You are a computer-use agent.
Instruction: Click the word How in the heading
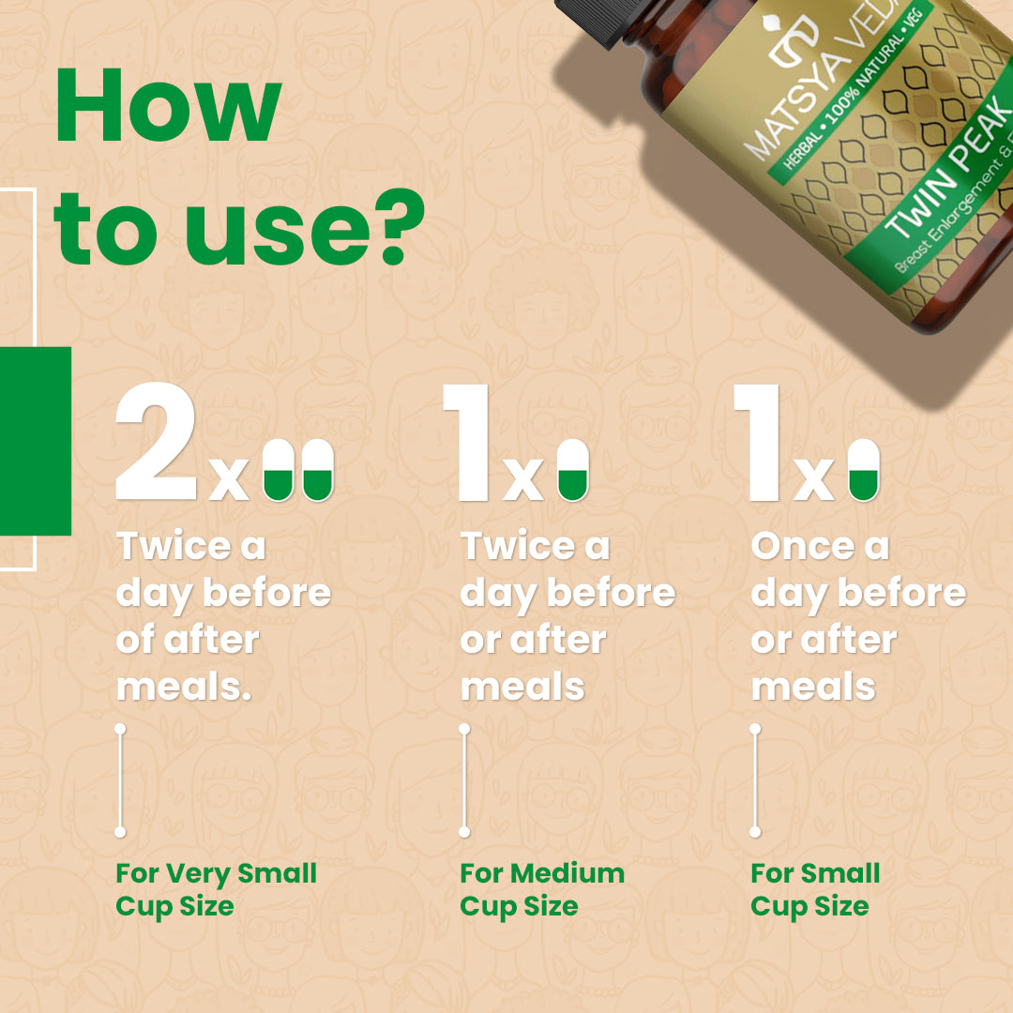pyautogui.click(x=169, y=105)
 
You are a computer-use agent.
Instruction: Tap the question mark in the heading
pyautogui.click(x=402, y=227)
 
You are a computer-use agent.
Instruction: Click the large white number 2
pyautogui.click(x=156, y=441)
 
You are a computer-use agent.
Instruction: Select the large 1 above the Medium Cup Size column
pyautogui.click(x=466, y=443)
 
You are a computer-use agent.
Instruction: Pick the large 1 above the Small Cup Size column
pyautogui.click(x=757, y=443)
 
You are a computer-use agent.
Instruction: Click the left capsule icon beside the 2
pyautogui.click(x=279, y=470)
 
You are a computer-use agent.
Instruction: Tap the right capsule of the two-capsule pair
pyautogui.click(x=318, y=470)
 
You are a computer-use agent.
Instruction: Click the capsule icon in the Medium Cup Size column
pyautogui.click(x=573, y=470)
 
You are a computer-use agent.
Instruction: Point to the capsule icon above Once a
pyautogui.click(x=864, y=470)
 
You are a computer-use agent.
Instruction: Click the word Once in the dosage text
pyautogui.click(x=803, y=547)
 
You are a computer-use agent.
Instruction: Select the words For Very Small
pyautogui.click(x=217, y=873)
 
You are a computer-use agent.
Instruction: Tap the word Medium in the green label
pyautogui.click(x=567, y=873)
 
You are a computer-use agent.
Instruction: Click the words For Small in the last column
pyautogui.click(x=815, y=873)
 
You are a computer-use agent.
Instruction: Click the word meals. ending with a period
pyautogui.click(x=184, y=688)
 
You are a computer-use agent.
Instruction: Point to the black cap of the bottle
pyautogui.click(x=590, y=20)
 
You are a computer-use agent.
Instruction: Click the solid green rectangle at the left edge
pyautogui.click(x=36, y=441)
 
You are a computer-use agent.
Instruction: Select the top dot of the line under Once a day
pyautogui.click(x=755, y=730)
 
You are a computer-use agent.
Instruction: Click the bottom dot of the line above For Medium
pyautogui.click(x=464, y=832)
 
